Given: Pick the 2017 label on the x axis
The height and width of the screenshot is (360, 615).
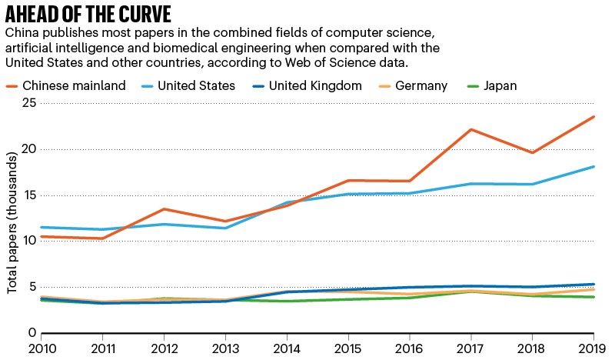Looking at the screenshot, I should click(470, 349).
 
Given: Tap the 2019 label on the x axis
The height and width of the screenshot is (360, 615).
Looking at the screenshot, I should click(593, 349).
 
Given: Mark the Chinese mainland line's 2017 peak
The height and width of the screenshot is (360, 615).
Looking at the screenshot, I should click(470, 129).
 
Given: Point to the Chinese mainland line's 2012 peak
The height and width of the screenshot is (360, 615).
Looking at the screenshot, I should click(164, 209).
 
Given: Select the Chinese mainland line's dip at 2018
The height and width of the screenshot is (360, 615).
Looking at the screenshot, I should click(532, 152).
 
